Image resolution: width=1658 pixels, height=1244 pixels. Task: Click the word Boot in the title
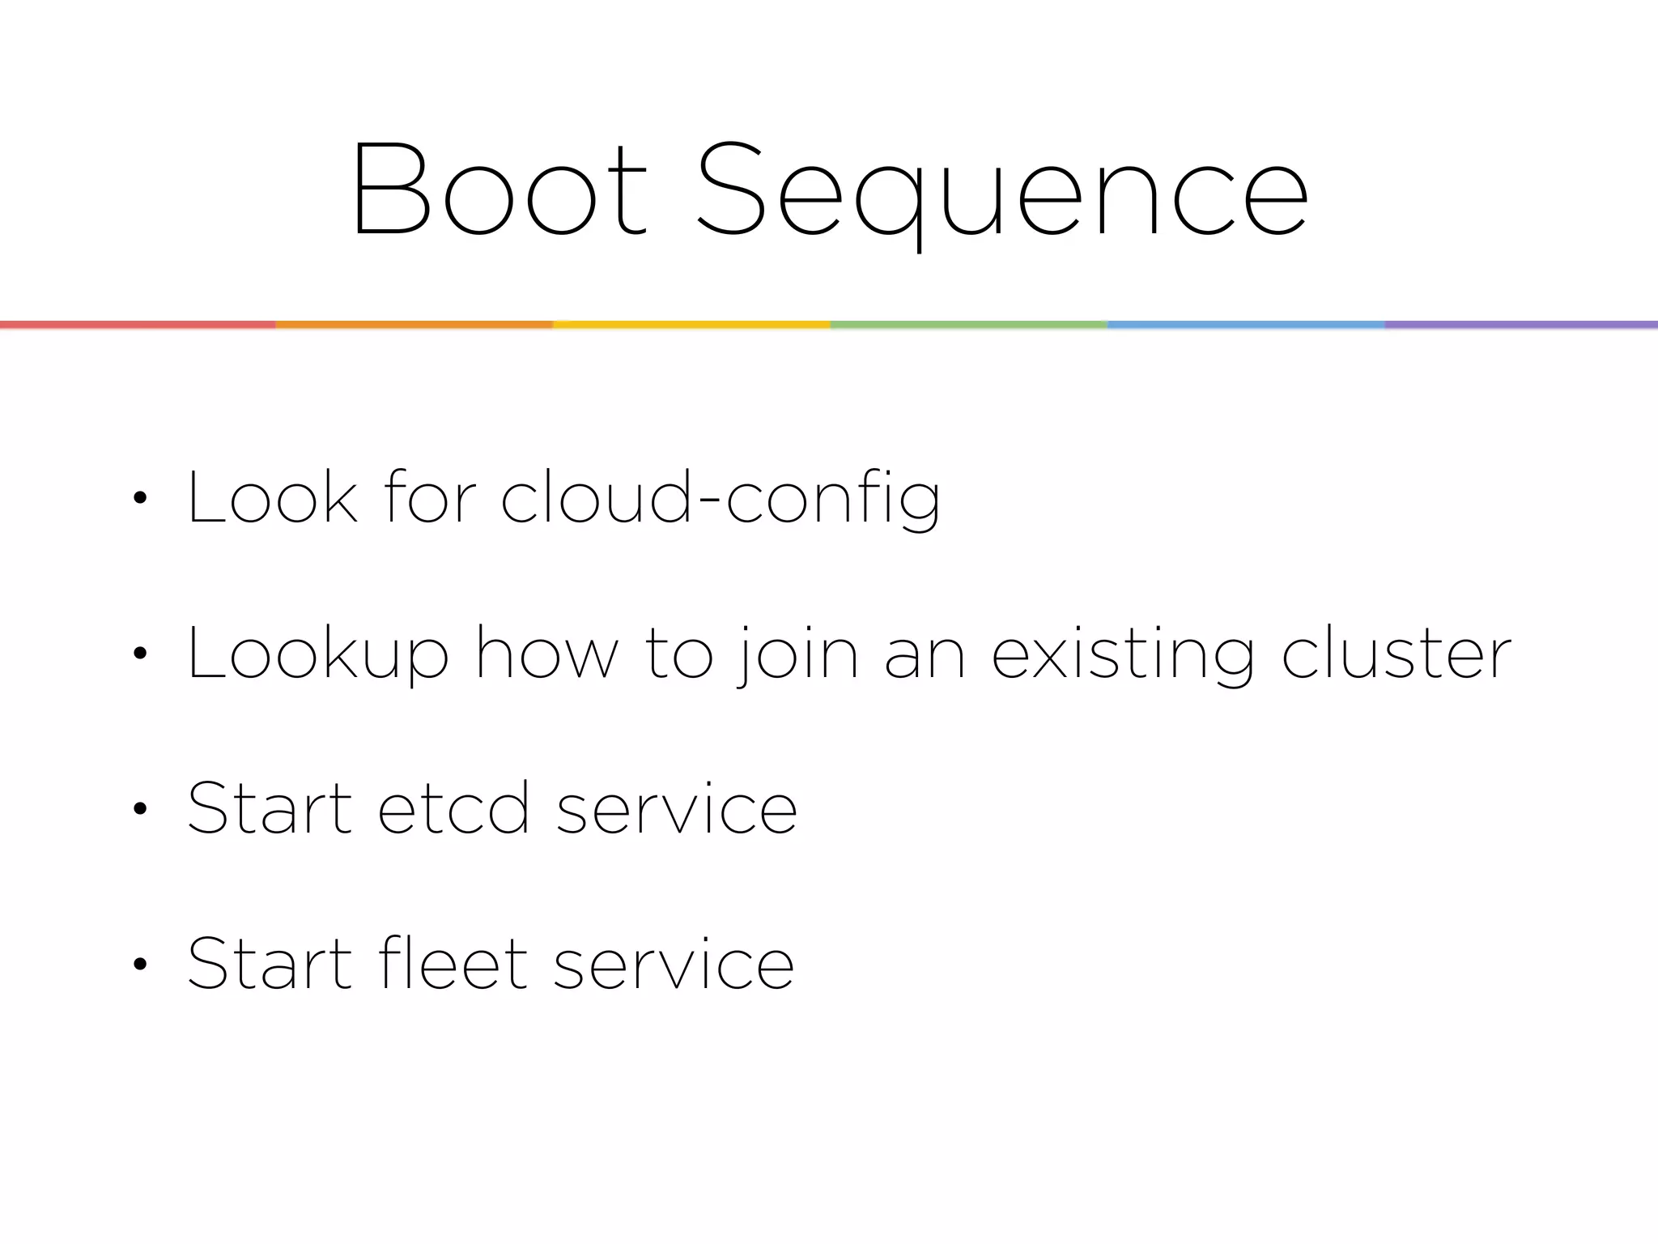(x=499, y=190)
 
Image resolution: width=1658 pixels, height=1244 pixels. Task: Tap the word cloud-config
(x=721, y=497)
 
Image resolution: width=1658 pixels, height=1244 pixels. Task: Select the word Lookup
(x=317, y=654)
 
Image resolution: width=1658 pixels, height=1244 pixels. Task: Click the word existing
(x=1123, y=654)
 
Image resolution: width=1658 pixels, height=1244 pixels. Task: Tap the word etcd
(x=454, y=807)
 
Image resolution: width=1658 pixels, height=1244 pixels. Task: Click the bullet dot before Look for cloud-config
(x=140, y=497)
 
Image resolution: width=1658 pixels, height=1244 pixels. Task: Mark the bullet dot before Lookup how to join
(x=140, y=653)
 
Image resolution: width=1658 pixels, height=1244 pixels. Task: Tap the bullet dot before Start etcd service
(x=140, y=807)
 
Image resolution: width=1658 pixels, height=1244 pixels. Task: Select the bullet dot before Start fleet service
(x=140, y=963)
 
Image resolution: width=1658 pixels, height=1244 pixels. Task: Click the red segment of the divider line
(x=138, y=325)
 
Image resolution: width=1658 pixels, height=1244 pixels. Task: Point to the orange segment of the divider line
(x=414, y=325)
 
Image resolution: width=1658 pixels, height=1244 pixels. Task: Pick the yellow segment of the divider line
(x=691, y=325)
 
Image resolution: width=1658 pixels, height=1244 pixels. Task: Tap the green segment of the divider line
(x=968, y=325)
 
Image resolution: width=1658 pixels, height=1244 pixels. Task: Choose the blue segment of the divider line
(x=1245, y=325)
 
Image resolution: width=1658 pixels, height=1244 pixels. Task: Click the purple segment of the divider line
(x=1521, y=325)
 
